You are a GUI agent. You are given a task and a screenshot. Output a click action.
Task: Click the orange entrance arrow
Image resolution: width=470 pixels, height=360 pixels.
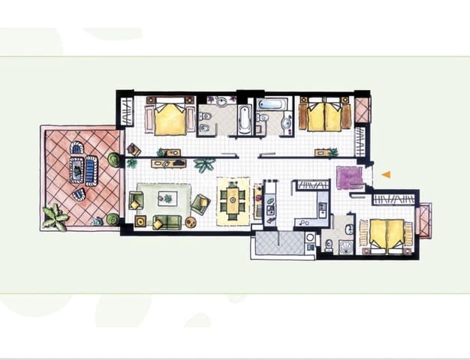pos(386,175)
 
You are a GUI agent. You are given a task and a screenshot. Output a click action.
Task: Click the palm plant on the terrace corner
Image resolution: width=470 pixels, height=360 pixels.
pos(55,217)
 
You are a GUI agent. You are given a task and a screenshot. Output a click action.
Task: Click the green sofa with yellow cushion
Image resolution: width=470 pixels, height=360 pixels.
pos(167,221)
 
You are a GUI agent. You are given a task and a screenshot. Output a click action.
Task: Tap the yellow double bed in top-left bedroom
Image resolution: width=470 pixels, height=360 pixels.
pos(171,118)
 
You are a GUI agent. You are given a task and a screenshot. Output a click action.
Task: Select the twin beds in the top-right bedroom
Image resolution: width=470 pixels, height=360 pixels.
pos(325,116)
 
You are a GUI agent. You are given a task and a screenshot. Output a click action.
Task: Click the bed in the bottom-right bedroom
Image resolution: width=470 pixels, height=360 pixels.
pos(387,233)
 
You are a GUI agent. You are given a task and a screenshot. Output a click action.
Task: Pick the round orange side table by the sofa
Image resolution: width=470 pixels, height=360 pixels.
pos(191,222)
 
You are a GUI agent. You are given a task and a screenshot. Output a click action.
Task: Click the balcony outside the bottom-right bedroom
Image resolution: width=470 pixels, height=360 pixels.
pos(423,220)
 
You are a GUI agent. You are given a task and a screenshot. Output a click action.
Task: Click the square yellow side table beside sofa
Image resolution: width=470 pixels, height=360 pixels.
pos(140,221)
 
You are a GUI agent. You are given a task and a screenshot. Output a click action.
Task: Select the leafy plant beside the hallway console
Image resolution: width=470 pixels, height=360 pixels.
pos(203,163)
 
